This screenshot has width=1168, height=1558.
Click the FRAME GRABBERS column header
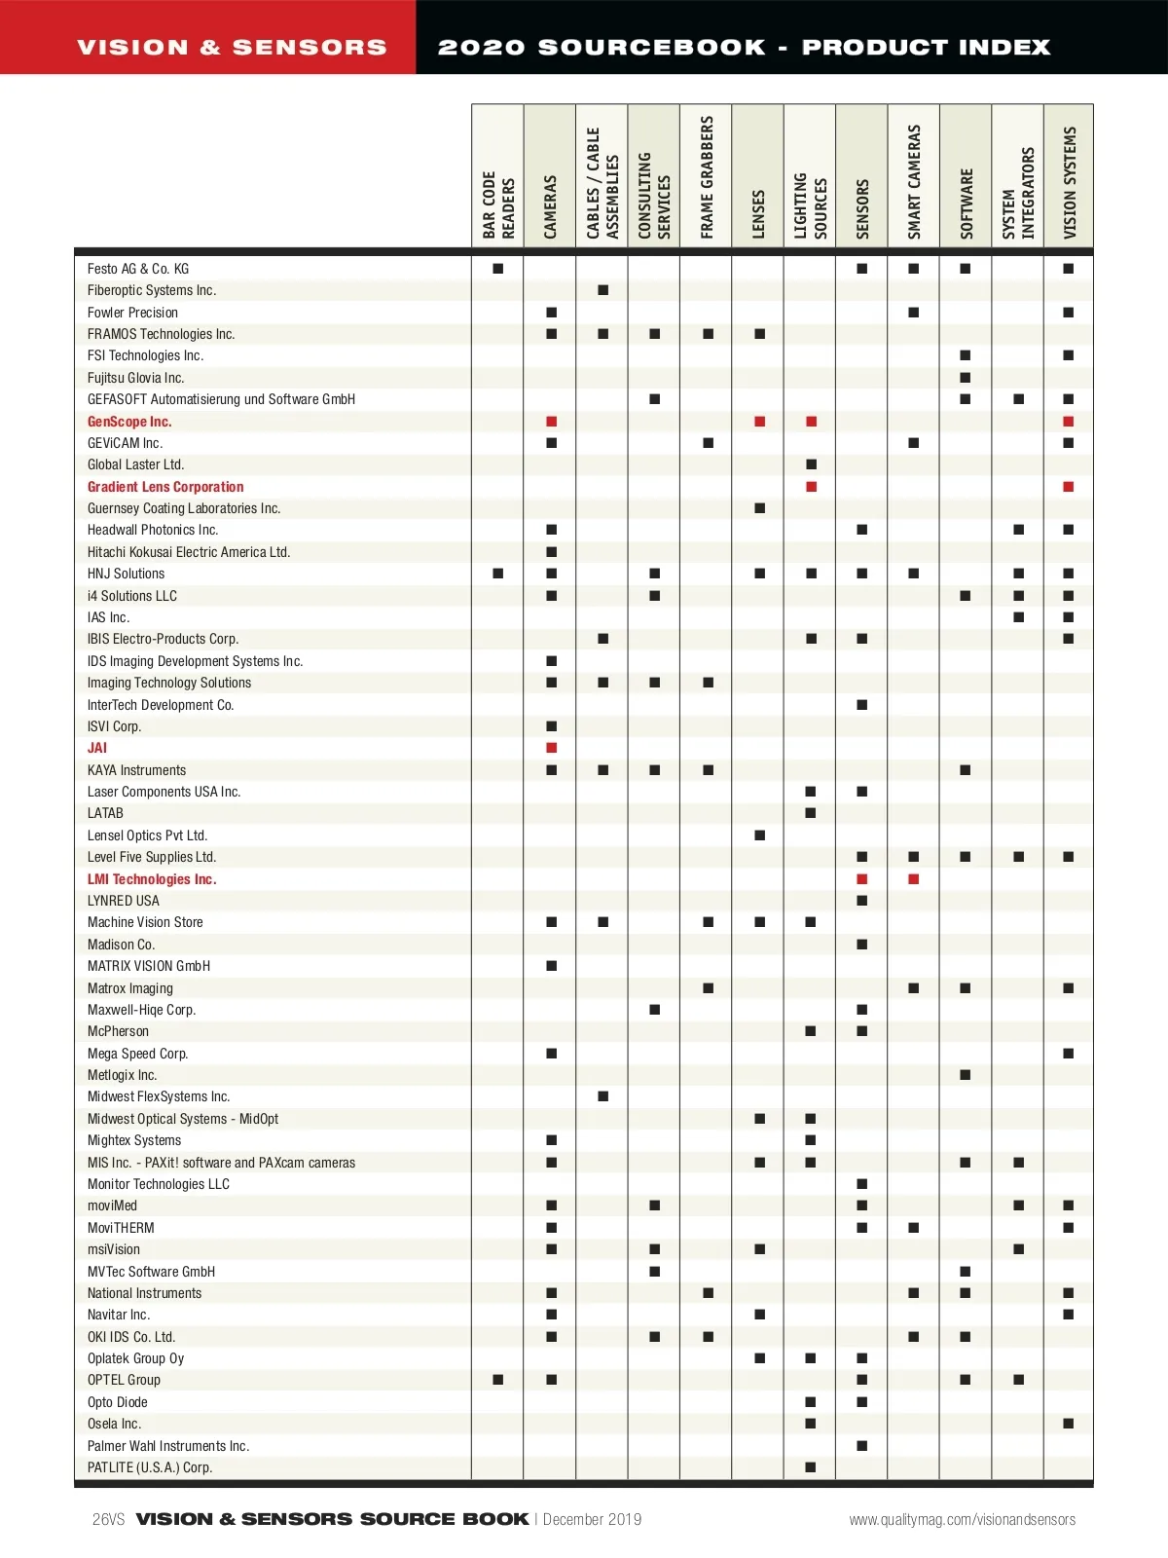[707, 177]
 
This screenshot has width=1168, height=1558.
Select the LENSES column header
[758, 214]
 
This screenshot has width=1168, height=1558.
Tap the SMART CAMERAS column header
[914, 181]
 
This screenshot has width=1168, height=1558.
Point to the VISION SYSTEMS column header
[1070, 183]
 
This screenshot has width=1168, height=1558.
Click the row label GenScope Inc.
[129, 422]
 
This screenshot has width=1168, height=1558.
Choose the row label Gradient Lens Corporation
[165, 487]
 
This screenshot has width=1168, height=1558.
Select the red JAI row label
[97, 748]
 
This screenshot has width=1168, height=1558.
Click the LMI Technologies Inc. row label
[152, 879]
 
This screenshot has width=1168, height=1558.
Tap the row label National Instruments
[144, 1293]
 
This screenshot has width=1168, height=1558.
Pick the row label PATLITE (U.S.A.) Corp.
[150, 1467]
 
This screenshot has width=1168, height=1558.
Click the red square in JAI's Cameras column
[552, 748]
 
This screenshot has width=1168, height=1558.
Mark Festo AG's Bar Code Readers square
[498, 269]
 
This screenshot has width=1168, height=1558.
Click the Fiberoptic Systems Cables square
[603, 290]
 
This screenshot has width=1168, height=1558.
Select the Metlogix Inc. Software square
[966, 1075]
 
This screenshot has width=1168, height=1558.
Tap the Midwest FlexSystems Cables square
[603, 1096]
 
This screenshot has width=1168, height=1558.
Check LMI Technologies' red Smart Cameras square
[914, 879]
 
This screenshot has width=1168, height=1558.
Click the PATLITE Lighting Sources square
[811, 1467]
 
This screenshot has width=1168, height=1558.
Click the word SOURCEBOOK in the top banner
[651, 47]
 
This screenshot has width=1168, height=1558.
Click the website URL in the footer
[962, 1519]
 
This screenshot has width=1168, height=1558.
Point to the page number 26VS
[109, 1519]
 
